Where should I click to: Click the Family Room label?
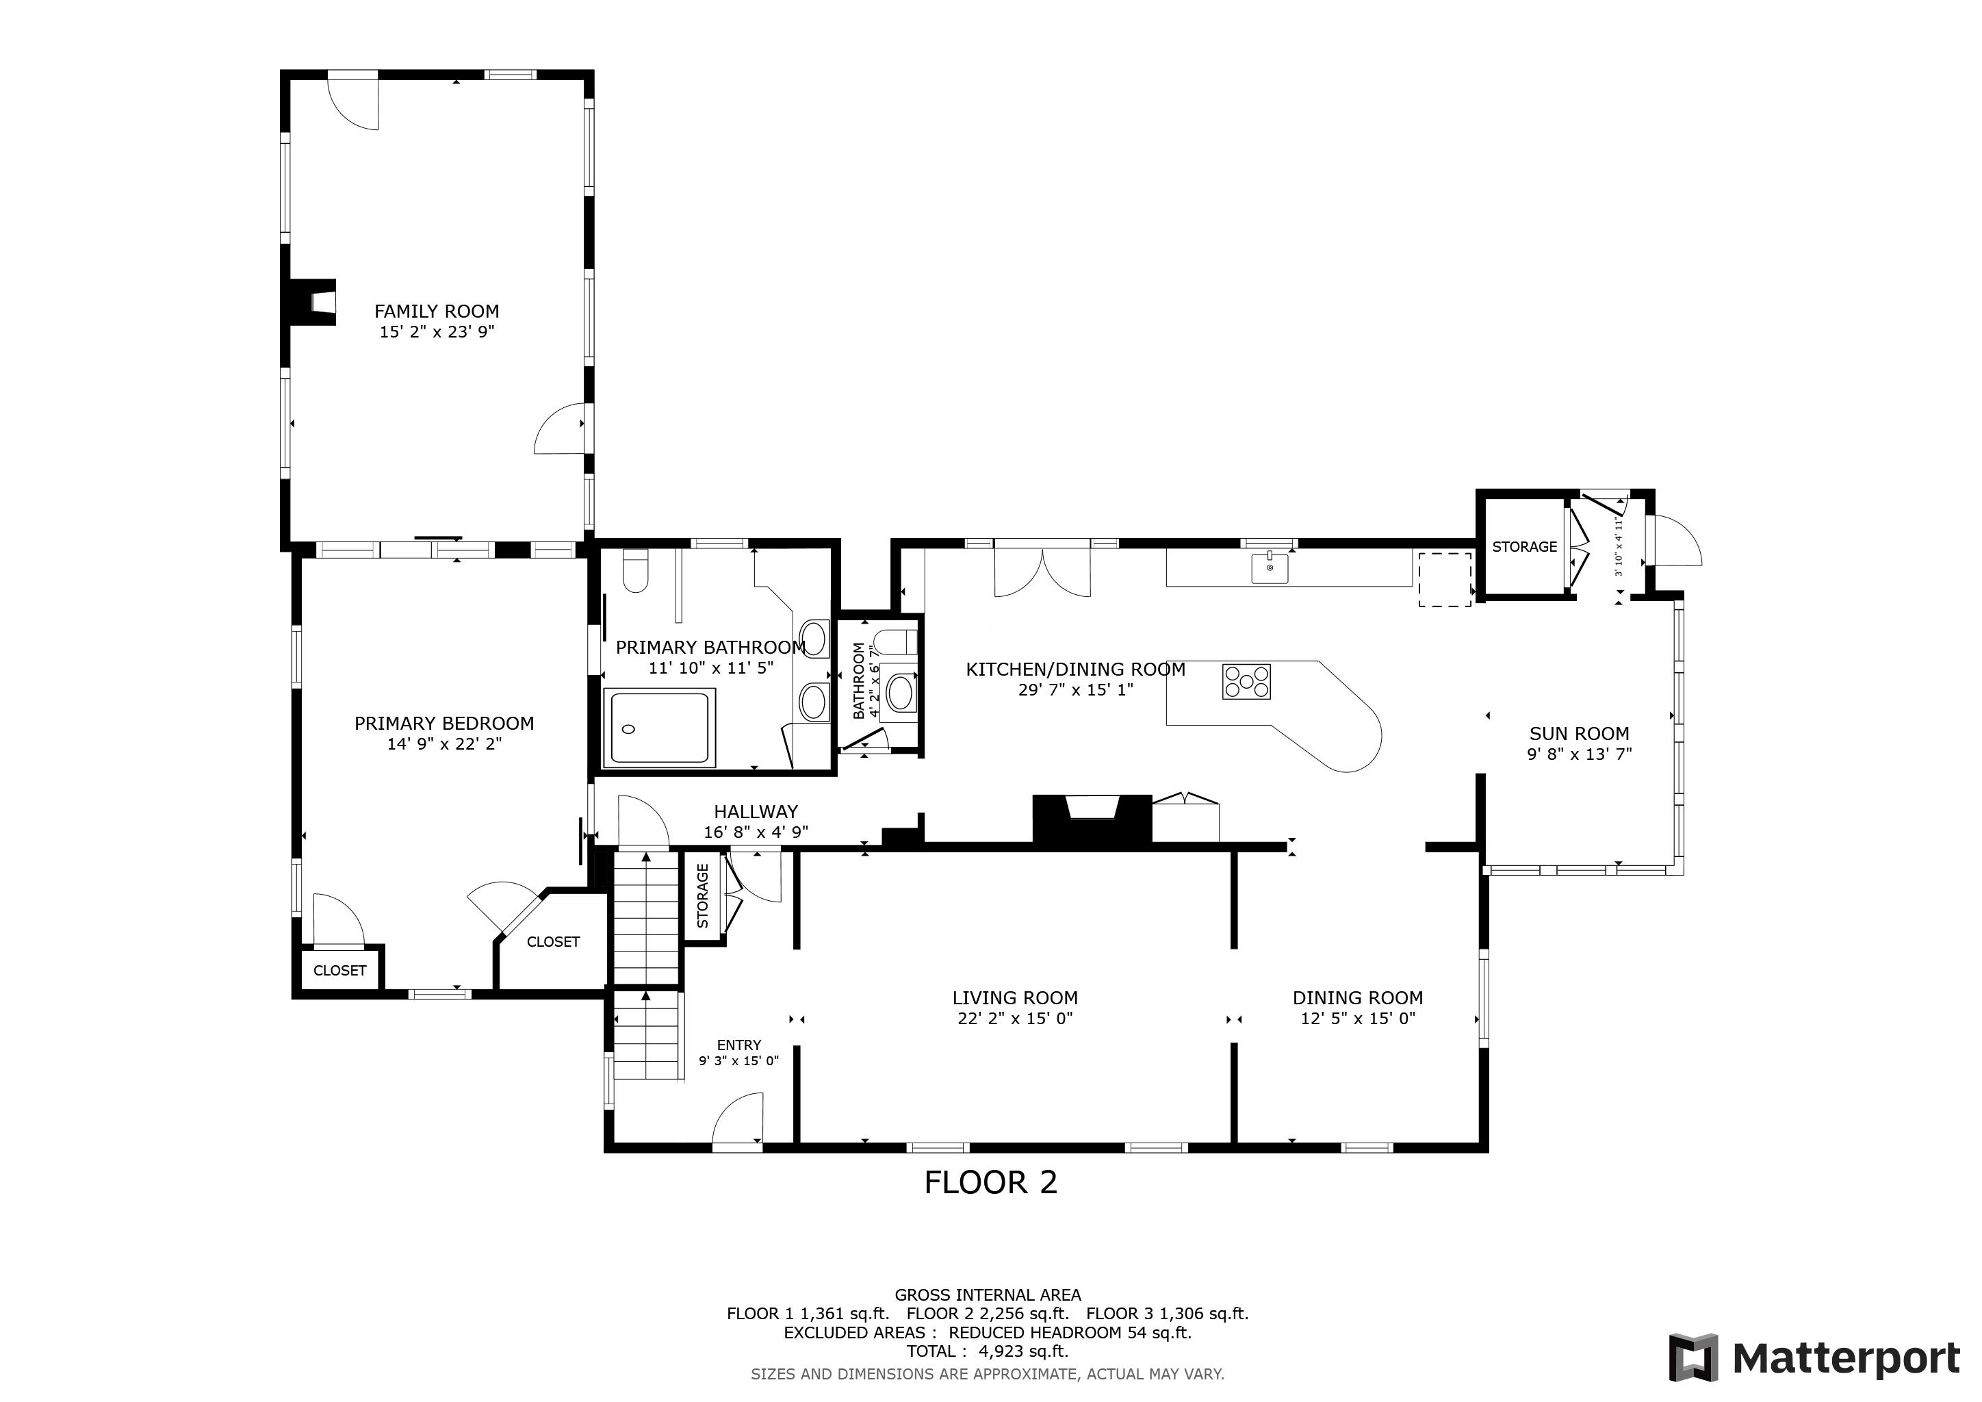tap(436, 311)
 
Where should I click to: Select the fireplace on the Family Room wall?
tap(311, 301)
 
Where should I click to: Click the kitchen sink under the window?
tap(1270, 568)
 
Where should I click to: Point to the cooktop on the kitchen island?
tap(1246, 681)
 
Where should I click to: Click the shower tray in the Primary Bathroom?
tap(660, 727)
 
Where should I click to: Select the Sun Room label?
tap(1579, 734)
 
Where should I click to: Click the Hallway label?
tap(756, 811)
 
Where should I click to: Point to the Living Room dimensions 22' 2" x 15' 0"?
tap(1014, 1018)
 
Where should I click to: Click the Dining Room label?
tap(1357, 997)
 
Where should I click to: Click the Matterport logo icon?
tap(1693, 1359)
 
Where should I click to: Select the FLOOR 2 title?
tap(990, 1183)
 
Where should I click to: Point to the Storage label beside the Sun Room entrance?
tap(1524, 546)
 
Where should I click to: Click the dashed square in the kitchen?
tap(1445, 579)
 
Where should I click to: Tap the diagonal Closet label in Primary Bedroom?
tap(552, 942)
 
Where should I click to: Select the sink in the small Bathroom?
tap(901, 691)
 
